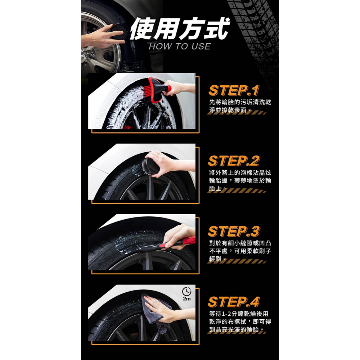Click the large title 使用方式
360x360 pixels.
179,28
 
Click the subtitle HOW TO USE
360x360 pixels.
179,46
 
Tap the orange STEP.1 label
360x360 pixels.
234,90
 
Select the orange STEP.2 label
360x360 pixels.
234,161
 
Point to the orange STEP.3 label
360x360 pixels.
234,231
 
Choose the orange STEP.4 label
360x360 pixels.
234,302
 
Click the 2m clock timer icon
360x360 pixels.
186,294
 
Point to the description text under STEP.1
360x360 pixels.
240,106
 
